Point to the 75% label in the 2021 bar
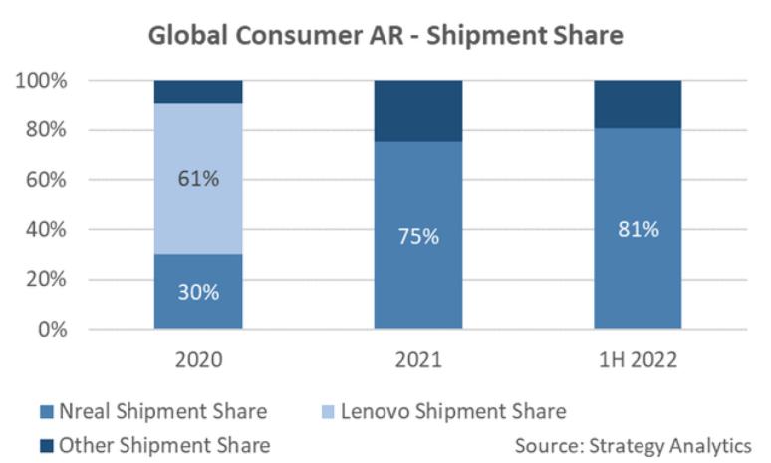417,237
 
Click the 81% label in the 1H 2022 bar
638,229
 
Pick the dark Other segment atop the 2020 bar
198,91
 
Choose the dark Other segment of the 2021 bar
417,111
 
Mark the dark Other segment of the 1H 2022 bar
638,104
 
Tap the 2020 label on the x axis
198,359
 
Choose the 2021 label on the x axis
417,359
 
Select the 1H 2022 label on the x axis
638,359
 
